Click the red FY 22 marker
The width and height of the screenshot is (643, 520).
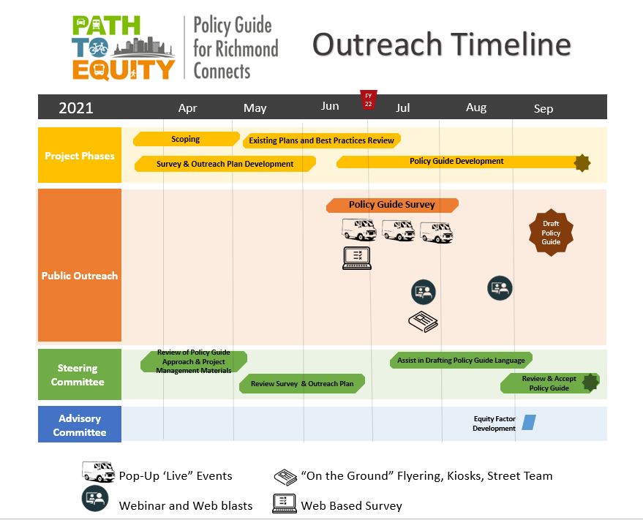coord(368,100)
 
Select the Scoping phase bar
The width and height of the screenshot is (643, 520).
coord(187,139)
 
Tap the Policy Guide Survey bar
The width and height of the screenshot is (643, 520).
coord(392,205)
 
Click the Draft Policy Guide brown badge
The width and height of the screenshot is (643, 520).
coord(551,233)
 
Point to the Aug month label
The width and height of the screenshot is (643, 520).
coord(476,108)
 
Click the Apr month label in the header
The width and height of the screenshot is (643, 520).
coord(187,108)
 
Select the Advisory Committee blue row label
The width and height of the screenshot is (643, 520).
coord(80,424)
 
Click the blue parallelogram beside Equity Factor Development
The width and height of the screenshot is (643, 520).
coord(529,423)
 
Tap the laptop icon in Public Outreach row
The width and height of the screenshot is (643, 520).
coord(357,258)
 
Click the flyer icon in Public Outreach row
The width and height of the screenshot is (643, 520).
coord(424,322)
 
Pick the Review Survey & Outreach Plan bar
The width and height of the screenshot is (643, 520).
coord(302,384)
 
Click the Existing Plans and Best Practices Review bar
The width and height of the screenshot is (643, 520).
coord(322,140)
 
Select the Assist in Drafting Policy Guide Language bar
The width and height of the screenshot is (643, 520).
coord(461,360)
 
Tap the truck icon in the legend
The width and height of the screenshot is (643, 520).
coord(99,471)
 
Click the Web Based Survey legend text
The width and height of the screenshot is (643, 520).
coord(351,505)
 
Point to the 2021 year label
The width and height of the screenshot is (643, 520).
coord(76,108)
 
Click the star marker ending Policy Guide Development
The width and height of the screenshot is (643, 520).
coord(582,163)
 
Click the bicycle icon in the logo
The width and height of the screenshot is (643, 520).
coord(99,48)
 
